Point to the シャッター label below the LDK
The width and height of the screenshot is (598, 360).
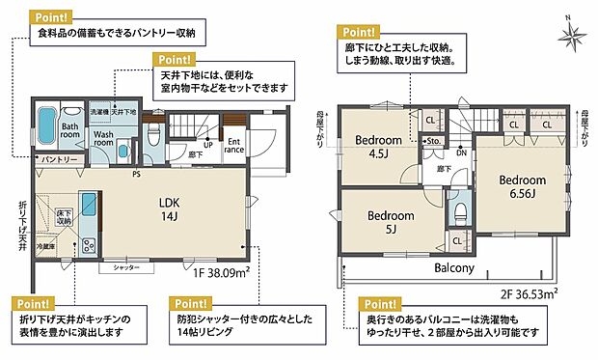pos(126,266)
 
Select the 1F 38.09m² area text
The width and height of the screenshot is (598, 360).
pos(222,274)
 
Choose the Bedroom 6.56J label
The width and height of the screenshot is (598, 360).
pos(523,186)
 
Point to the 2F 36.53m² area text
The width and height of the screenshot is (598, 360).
pos(532,290)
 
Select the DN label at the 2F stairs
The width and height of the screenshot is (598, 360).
pos(461,152)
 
